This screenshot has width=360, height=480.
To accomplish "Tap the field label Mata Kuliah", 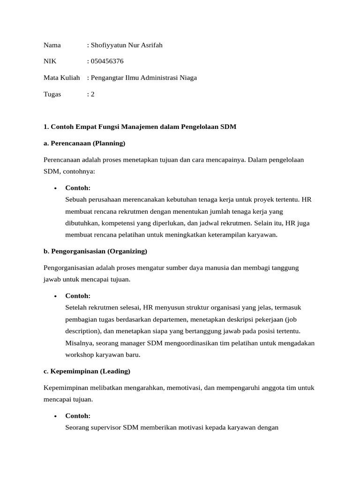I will pyautogui.click(x=61, y=77).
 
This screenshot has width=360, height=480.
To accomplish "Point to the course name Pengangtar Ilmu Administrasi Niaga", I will pyautogui.click(x=143, y=77).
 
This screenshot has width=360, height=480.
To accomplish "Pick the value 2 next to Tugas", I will pyautogui.click(x=92, y=94).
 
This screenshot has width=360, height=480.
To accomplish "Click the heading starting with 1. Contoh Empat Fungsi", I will pyautogui.click(x=140, y=127).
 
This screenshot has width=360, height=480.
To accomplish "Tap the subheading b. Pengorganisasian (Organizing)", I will pyautogui.click(x=95, y=251).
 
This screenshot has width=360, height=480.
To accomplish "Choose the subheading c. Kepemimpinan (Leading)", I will pyautogui.click(x=87, y=371).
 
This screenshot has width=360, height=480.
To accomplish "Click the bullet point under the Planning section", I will pyautogui.click(x=55, y=188).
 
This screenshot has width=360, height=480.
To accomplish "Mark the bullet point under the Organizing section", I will pyautogui.click(x=55, y=296).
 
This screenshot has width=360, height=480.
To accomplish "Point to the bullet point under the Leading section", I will pyautogui.click(x=55, y=416).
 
